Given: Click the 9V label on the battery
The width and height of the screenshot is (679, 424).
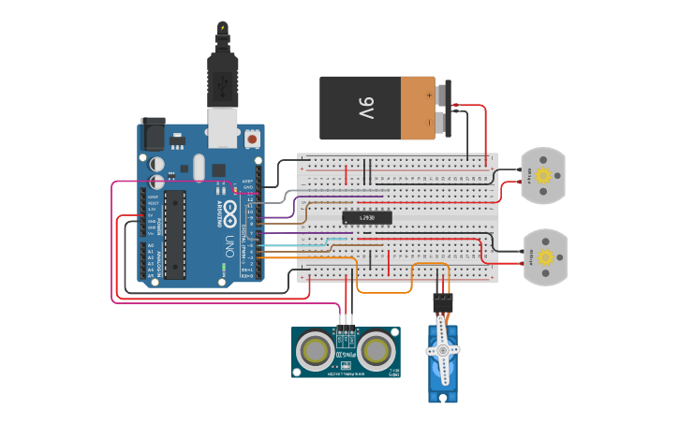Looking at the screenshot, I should click(365, 108).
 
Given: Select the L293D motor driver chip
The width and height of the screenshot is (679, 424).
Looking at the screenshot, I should click(365, 217).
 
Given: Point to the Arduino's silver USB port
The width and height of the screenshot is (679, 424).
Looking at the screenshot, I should click(222, 131).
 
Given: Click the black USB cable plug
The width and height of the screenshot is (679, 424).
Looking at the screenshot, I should click(223, 84).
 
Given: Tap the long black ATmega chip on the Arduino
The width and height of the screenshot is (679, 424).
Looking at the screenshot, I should click(175, 234).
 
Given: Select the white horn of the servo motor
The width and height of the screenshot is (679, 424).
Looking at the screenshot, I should click(442, 351).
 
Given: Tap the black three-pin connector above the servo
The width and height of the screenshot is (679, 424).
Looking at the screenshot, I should click(442, 302).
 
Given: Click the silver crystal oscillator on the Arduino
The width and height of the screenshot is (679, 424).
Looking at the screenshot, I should click(199, 168).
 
